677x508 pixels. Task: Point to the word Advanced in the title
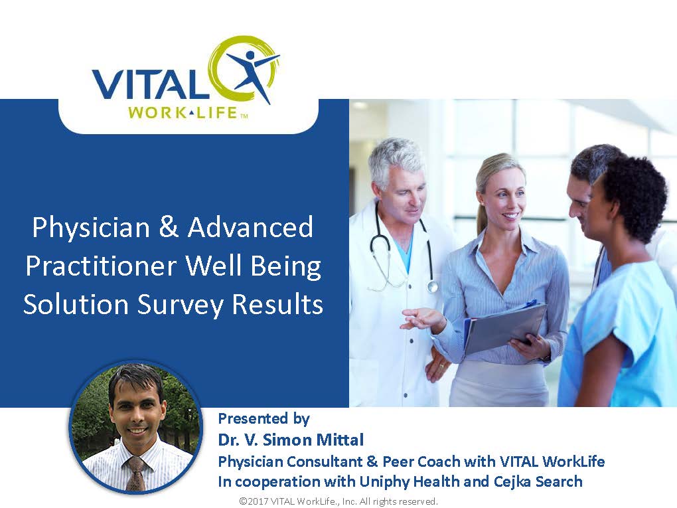coord(250,227)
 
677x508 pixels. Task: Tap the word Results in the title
coord(277,303)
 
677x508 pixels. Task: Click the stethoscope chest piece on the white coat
coord(432,286)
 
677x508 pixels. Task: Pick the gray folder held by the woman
coord(505,327)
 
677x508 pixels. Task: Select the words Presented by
coord(263,418)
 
